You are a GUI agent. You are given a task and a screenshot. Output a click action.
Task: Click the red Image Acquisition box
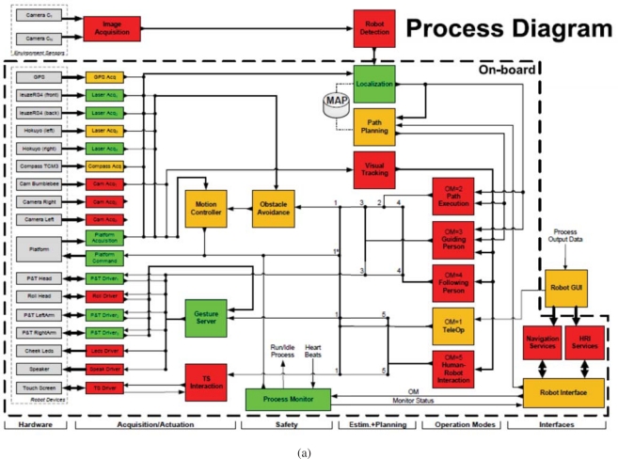coord(112,28)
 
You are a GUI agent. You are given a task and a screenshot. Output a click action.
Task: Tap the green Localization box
coord(373,85)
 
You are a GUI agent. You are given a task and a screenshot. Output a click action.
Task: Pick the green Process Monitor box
coord(288,399)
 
